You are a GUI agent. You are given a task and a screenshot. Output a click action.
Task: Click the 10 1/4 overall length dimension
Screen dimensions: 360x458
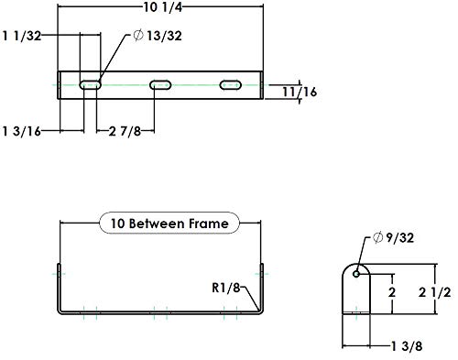(x=161, y=8)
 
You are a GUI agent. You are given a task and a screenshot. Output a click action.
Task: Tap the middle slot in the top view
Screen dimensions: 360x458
(x=160, y=85)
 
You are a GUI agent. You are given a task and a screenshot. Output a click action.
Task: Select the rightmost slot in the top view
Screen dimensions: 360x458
(x=230, y=85)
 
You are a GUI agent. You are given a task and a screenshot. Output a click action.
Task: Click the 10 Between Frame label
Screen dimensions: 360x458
(x=169, y=223)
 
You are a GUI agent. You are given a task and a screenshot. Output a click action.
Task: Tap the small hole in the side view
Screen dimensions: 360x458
(x=359, y=270)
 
